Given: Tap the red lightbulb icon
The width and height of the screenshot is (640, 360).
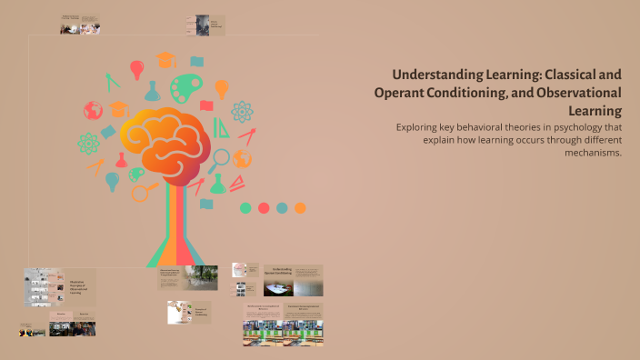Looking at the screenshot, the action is click(x=137, y=68).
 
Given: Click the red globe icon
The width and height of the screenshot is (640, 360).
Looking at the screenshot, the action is click(x=92, y=111).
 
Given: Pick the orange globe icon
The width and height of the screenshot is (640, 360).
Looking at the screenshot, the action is click(x=242, y=158).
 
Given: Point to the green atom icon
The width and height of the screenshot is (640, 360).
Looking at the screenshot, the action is click(x=88, y=143).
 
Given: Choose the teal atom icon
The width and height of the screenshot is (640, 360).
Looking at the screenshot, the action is click(x=242, y=111).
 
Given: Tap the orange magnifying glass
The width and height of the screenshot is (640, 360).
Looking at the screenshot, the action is click(x=143, y=193).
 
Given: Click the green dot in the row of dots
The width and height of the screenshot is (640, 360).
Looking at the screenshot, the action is click(x=245, y=207).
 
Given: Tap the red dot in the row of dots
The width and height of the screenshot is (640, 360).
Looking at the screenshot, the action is click(x=264, y=207).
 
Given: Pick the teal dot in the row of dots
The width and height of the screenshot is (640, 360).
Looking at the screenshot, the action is click(x=282, y=207).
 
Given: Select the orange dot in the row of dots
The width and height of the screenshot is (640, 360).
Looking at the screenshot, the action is click(x=300, y=207).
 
